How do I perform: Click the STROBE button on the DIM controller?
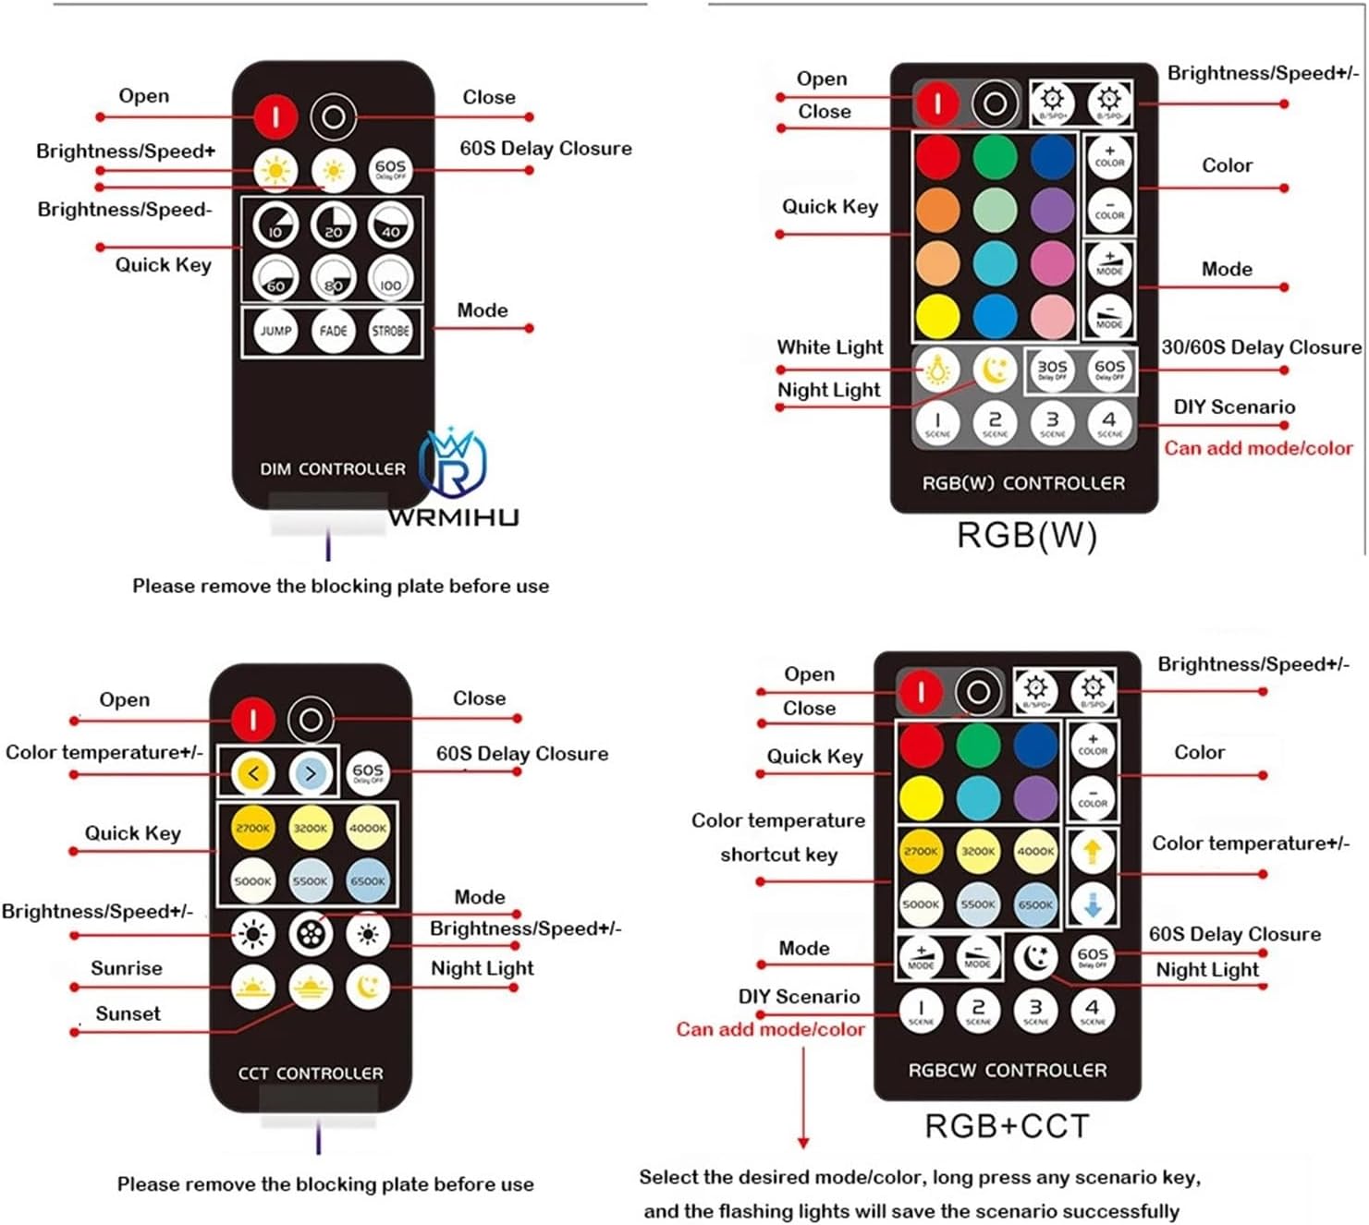coord(390,331)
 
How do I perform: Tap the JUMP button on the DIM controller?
coord(275,331)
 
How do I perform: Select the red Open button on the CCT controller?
coord(252,720)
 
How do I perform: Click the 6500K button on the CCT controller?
coord(368,880)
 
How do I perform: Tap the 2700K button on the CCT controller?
coord(252,828)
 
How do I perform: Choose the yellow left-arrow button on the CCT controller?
coord(252,773)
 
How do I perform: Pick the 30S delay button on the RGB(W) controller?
coord(1052,370)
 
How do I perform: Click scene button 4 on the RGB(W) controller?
coord(1109,423)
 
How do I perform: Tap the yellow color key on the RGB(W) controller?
coord(937,315)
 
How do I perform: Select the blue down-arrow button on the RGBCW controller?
coord(1093,905)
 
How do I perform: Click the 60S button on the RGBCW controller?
coord(1093,957)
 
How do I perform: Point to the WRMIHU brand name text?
coord(453,518)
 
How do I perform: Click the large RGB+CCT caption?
coord(1008,1126)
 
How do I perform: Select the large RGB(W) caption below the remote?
coord(1026,535)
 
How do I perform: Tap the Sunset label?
coord(128,1013)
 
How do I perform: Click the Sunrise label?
coord(126,968)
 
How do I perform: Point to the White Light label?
coord(829,347)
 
